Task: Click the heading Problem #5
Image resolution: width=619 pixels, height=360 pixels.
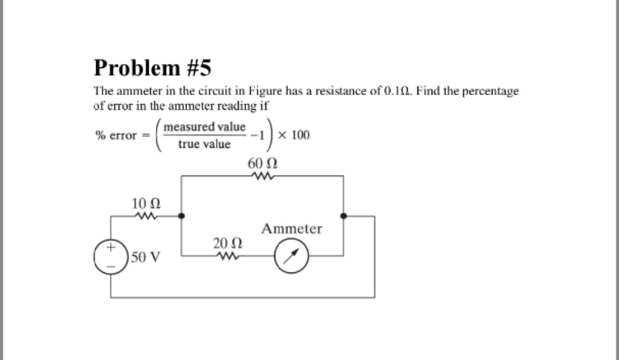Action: click(x=152, y=68)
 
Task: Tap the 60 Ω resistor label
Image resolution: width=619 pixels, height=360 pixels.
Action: click(x=263, y=163)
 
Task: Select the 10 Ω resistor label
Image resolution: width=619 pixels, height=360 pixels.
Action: click(x=146, y=203)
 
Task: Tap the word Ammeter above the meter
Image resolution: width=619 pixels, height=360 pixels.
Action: click(x=292, y=229)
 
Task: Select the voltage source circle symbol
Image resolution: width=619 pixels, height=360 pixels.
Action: click(x=111, y=256)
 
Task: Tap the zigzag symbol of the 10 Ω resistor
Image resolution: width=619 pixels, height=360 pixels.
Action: click(x=146, y=216)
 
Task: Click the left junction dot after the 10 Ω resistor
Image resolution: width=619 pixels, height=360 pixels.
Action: click(x=182, y=216)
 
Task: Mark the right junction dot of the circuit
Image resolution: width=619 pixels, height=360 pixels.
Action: click(x=343, y=216)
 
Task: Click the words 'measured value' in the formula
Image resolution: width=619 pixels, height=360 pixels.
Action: click(x=204, y=126)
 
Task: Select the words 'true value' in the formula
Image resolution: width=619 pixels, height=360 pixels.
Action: click(x=204, y=144)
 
